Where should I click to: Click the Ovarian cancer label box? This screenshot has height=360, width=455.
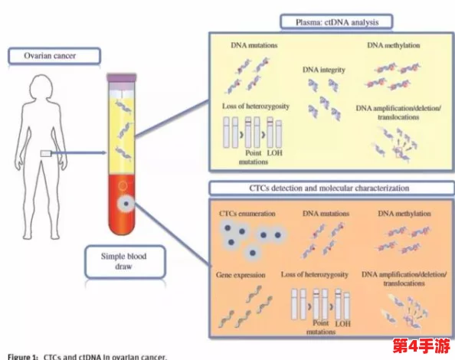coord(54,56)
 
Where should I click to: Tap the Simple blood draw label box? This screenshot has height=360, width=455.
coord(125,262)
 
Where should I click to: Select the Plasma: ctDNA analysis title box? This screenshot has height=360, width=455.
coord(336,22)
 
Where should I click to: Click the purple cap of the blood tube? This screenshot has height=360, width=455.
coord(122,77)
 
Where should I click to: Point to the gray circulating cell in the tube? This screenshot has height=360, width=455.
coord(126,204)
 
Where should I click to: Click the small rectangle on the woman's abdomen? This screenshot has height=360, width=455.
coord(46,153)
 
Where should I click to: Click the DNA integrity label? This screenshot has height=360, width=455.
coord(324,70)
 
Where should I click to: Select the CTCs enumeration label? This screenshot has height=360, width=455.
coord(247,214)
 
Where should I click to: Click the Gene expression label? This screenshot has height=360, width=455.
coord(241,275)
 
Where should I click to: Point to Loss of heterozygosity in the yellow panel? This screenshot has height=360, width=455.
coord(256,106)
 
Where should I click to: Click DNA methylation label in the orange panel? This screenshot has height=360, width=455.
coord(404,214)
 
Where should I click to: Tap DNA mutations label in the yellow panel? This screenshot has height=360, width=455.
coord(254,45)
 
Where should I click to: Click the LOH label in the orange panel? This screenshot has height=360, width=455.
coord(342,324)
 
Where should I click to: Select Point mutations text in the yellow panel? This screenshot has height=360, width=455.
coord(254,157)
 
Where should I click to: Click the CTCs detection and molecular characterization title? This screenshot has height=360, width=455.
coord(329,188)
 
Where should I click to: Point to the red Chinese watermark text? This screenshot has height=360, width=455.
coord(421,345)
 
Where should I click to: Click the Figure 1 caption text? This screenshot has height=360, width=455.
coord(87,356)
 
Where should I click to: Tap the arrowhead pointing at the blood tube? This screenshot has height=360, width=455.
coord(104,153)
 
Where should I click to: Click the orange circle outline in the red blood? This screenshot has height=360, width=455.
coord(123,185)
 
